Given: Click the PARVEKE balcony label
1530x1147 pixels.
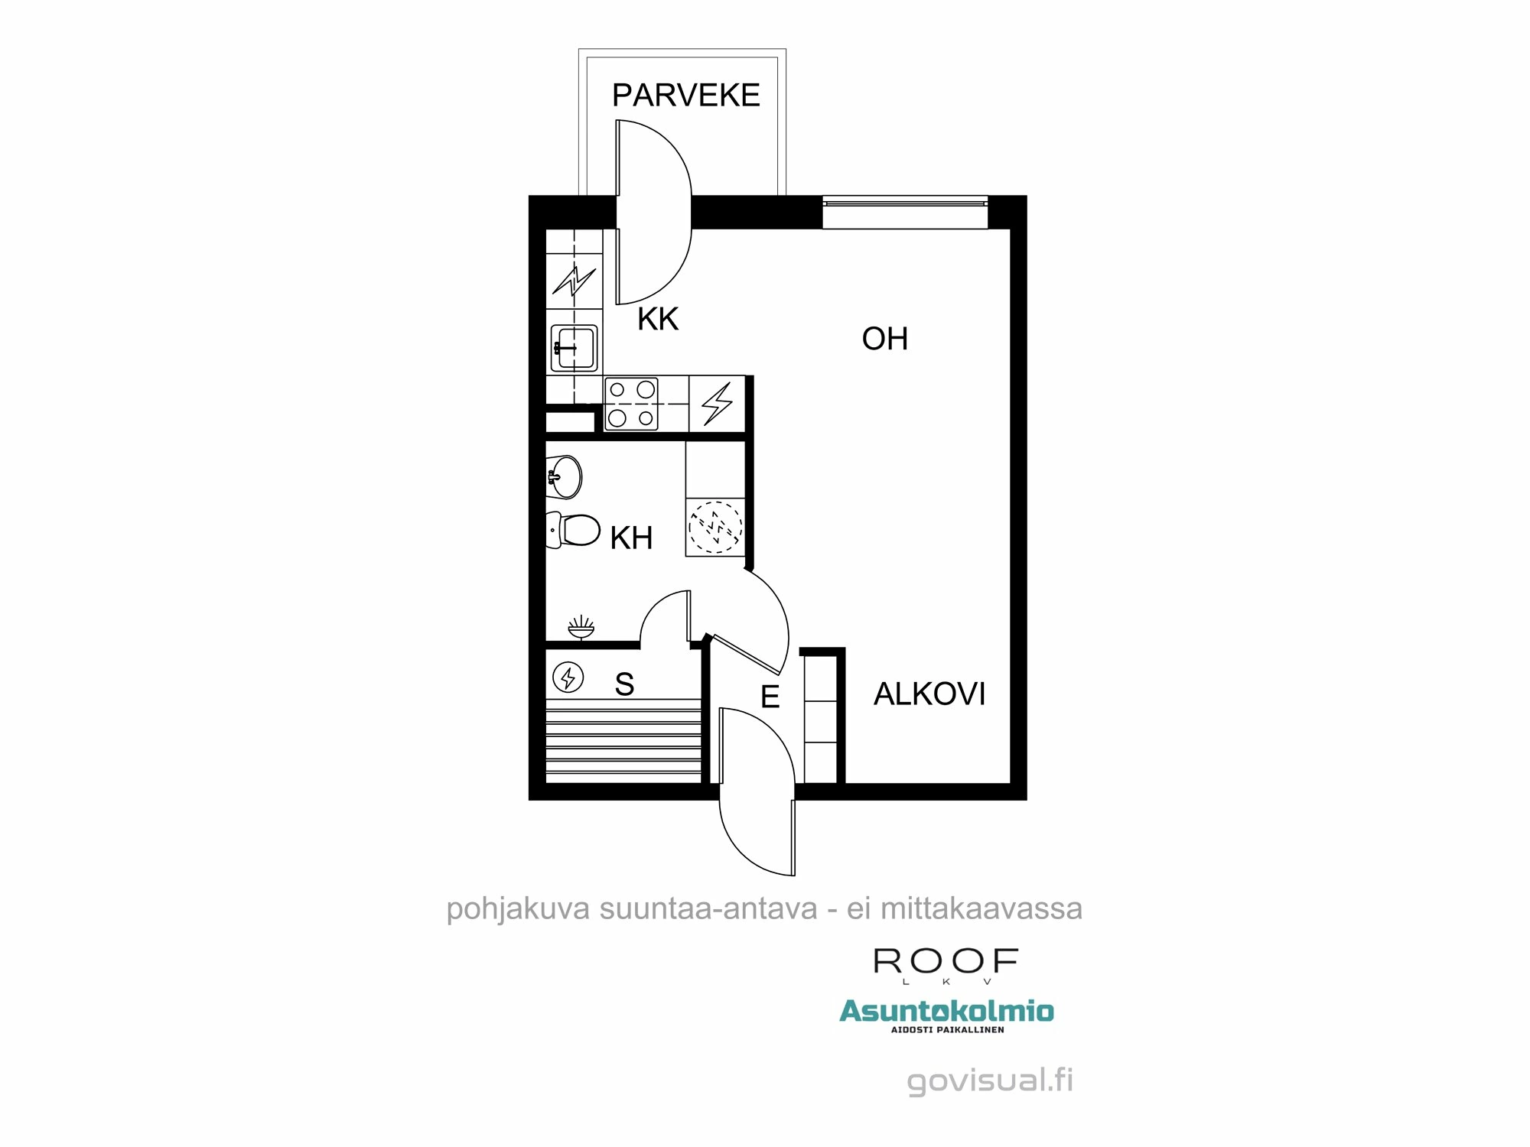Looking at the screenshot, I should [685, 96].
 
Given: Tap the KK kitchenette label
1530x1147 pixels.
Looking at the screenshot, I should [658, 319].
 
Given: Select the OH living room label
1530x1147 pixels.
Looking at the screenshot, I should [884, 339].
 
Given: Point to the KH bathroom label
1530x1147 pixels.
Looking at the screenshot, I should [631, 538].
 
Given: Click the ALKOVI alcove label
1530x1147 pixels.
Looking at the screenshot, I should [929, 694].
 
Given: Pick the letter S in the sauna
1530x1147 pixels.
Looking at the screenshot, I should [624, 684].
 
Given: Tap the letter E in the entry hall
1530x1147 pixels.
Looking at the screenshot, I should [770, 697].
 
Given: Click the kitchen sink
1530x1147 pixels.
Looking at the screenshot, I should [574, 348].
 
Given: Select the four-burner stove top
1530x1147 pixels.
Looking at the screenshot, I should [631, 404].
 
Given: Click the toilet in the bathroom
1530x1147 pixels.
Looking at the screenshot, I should [574, 530].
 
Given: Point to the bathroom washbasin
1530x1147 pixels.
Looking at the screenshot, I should [564, 477].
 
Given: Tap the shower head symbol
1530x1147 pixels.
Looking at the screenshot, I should [581, 627].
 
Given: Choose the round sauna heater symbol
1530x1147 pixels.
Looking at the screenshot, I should [568, 677].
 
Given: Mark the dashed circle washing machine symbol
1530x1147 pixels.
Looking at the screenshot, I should [715, 527].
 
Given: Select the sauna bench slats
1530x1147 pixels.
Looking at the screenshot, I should [623, 740].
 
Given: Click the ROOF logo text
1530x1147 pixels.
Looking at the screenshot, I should [946, 962].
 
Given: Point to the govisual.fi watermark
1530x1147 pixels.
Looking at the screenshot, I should [990, 1080].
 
